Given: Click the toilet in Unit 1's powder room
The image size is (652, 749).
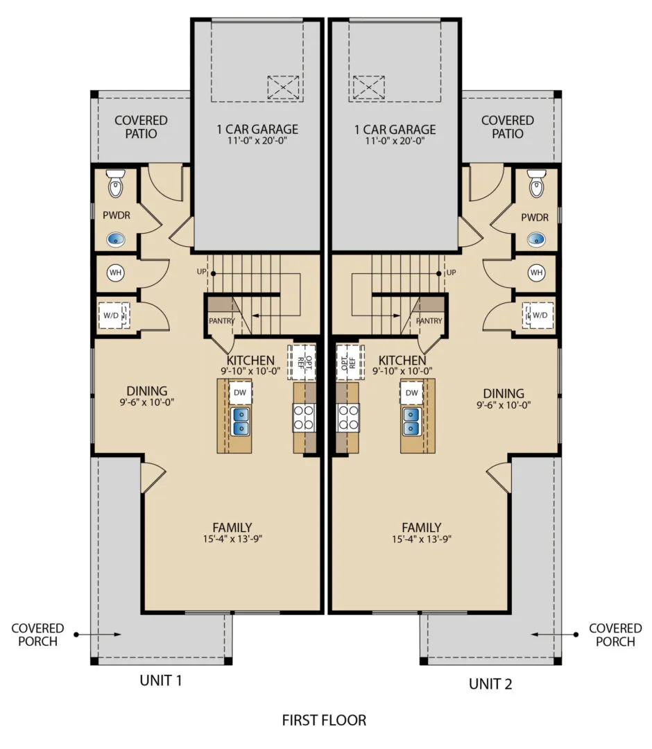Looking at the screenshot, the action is point(116,184).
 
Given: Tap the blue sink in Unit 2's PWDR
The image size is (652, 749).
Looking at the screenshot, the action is point(536,239).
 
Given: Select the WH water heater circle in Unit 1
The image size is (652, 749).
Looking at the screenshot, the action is point(115,273).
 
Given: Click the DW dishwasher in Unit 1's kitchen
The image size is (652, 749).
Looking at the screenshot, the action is point(240,393).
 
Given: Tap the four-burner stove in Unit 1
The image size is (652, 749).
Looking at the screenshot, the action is point(304,417).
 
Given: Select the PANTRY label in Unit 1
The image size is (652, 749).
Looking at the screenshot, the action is point(222,321).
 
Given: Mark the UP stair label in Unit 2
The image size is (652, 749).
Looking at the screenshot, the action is point(451,273).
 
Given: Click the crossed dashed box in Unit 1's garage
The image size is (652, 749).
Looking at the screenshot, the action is point(283,87).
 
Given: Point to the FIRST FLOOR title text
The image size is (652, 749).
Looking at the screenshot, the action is point(324,720).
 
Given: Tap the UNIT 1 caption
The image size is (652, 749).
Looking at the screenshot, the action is point(161,680).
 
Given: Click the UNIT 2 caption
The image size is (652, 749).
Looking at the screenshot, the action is point(490,684).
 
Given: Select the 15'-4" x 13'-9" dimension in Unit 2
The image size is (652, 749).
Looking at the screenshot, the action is point(421,539).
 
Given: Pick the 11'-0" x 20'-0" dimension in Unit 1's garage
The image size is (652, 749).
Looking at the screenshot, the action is point(257,140).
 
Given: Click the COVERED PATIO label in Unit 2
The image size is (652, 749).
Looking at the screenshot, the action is point(507,127).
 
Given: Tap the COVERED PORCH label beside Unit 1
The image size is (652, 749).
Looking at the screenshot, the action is point(37,635).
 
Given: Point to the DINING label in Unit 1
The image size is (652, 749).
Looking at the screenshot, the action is point(146,390).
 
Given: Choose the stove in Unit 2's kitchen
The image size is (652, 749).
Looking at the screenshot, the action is point(348,417).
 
